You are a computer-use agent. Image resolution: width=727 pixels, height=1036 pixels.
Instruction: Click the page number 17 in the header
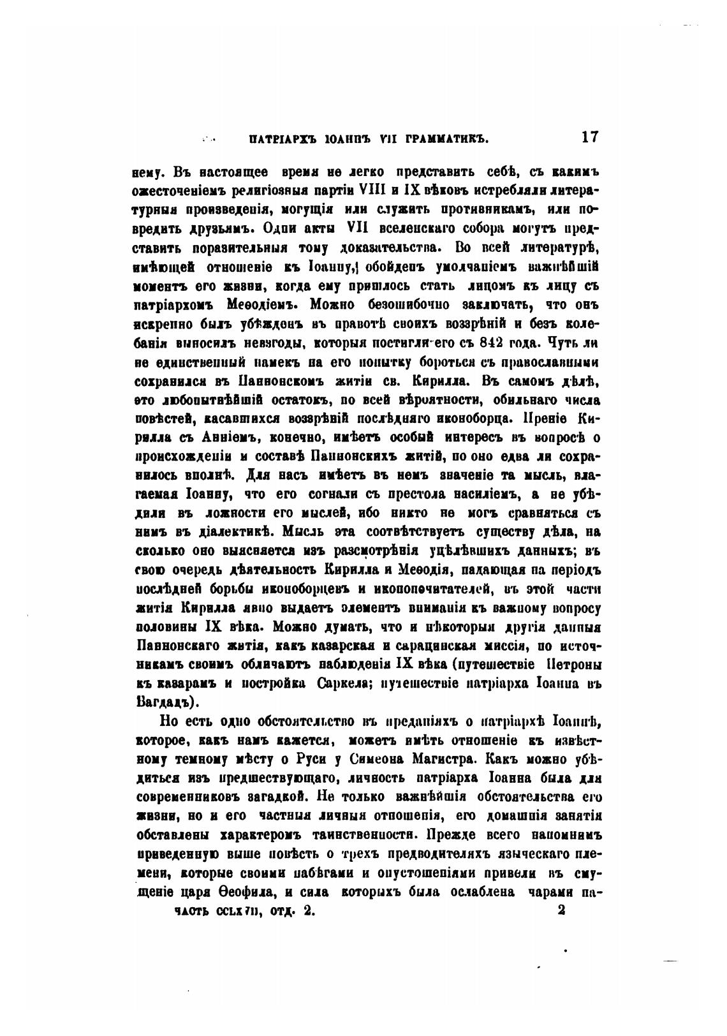(589, 137)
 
